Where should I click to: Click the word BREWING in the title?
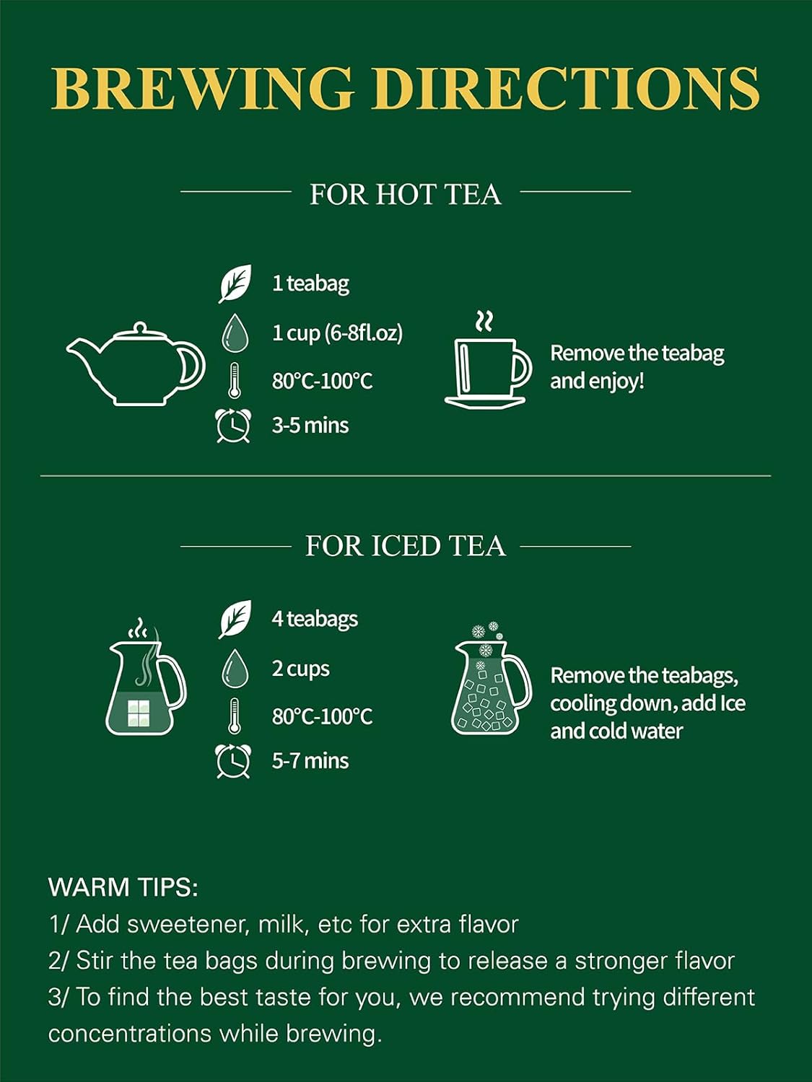coord(202,88)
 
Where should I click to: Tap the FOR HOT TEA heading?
coord(405,194)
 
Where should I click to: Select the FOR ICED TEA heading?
coord(405,546)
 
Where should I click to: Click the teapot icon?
coord(136,364)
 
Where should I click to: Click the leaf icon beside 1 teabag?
coord(235,283)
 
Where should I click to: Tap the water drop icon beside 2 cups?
coord(235,669)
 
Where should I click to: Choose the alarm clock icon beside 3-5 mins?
coord(233,426)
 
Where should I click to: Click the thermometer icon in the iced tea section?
coord(234,716)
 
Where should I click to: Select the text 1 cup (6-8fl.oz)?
coord(337,334)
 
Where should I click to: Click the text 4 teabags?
coord(315,619)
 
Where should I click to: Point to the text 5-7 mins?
coord(310,761)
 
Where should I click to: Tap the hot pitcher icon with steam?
coord(146,677)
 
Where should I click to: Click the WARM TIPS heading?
coord(123,888)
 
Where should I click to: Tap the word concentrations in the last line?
coord(129,1034)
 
